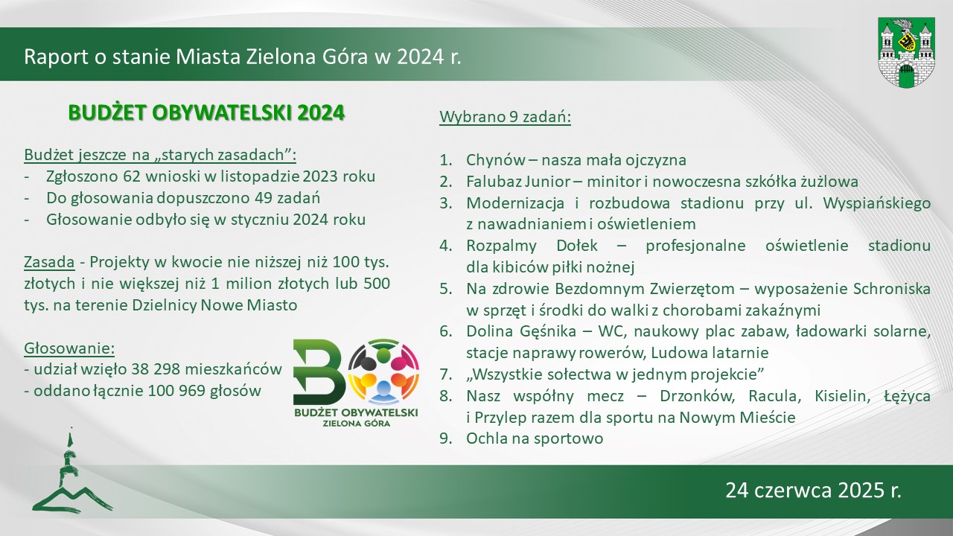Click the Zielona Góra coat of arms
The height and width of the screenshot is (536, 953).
(x=906, y=53)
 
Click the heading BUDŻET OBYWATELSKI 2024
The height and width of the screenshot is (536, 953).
(x=206, y=113)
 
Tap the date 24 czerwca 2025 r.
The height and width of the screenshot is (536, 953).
(x=814, y=490)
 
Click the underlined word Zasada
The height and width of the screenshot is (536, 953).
(x=49, y=262)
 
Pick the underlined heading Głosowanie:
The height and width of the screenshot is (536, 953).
(x=69, y=348)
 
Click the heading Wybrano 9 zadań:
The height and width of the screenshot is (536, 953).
(x=505, y=117)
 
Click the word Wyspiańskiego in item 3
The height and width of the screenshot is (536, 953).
(x=877, y=203)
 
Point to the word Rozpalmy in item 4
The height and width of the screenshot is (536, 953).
(x=501, y=246)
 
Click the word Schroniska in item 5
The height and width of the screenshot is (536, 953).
(x=892, y=289)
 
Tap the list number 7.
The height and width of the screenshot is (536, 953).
(x=445, y=374)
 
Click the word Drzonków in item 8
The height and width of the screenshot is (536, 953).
(x=698, y=396)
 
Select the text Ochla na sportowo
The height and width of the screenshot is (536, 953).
(x=535, y=438)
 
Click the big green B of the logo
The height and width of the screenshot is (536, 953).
(x=319, y=371)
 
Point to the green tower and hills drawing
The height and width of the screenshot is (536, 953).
(x=71, y=471)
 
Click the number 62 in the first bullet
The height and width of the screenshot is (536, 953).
(x=132, y=176)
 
